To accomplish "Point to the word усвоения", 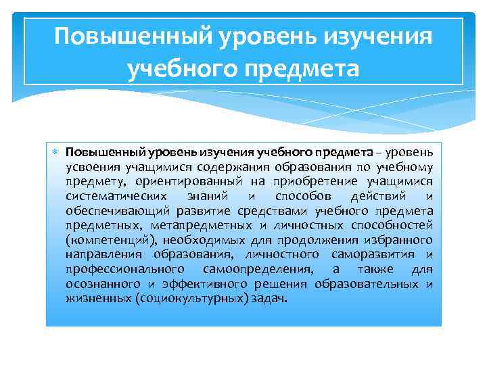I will coord(91,167).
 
